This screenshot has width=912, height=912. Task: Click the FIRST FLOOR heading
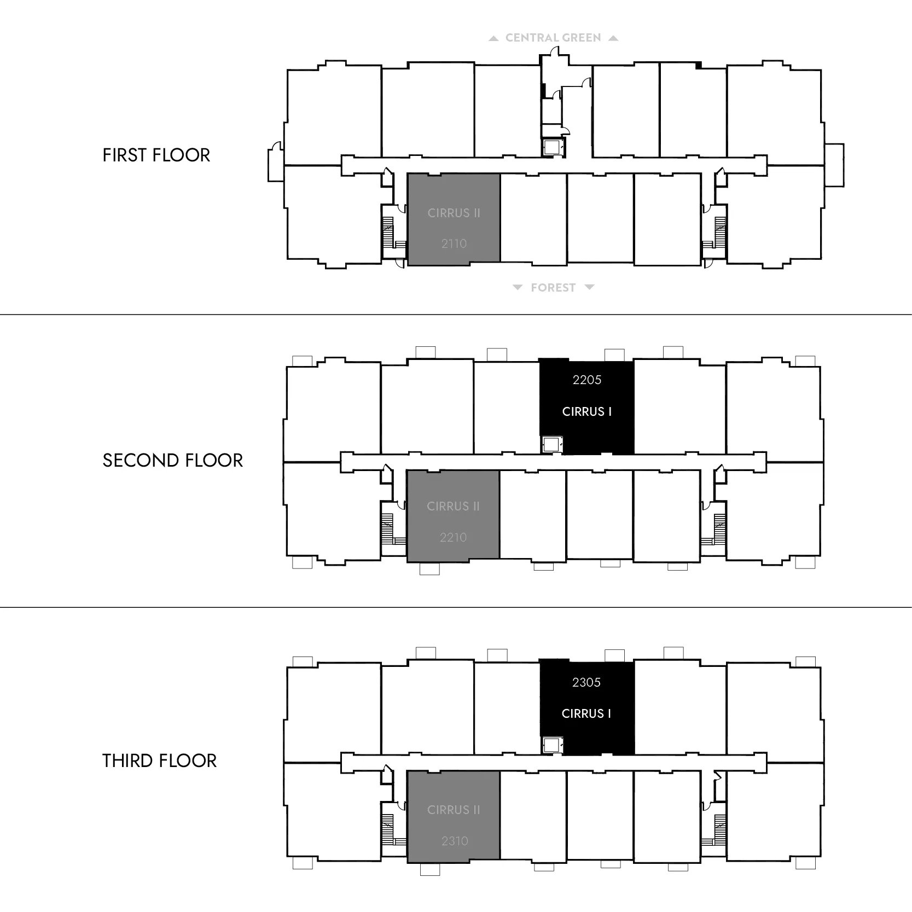[156, 155]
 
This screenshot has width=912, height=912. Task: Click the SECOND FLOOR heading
[172, 461]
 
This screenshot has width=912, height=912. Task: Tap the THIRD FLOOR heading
[159, 760]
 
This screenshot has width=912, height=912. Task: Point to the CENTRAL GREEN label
[553, 38]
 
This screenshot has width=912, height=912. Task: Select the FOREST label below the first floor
[553, 288]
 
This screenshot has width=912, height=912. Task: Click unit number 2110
[454, 243]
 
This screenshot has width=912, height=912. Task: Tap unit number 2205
[587, 380]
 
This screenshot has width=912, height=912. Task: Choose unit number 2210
[454, 537]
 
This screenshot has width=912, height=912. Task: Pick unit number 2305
[586, 682]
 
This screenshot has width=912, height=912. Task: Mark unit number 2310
[455, 841]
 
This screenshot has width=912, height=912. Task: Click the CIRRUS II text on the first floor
[454, 213]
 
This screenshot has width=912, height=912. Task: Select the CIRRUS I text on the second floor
[587, 411]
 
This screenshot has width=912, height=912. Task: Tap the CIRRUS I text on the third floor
[586, 713]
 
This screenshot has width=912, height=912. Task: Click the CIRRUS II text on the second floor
[454, 507]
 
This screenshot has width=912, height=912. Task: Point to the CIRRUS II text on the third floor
[454, 810]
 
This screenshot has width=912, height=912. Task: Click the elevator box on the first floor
[553, 147]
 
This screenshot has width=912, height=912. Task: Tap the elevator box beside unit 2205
[551, 444]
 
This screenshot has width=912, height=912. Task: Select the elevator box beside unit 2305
[552, 745]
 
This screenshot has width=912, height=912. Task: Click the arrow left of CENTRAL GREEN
[493, 38]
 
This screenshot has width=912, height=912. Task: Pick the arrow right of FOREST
[589, 287]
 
